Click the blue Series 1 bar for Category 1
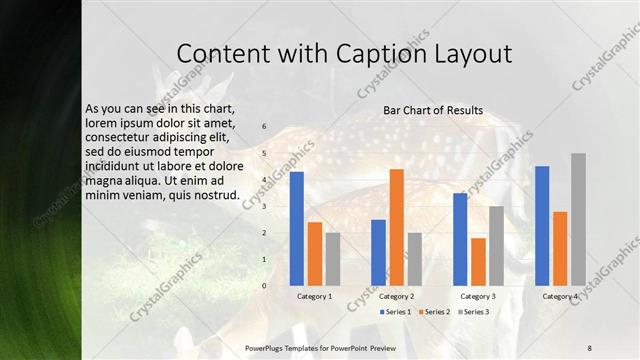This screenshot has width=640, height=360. click(296, 229)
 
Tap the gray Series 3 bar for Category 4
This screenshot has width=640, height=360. click(578, 220)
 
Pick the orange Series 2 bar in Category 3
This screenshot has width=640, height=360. click(478, 262)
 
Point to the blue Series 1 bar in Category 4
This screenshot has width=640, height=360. click(542, 226)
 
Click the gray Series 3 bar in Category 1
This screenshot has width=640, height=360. click(333, 259)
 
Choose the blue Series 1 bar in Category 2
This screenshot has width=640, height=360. click(378, 253)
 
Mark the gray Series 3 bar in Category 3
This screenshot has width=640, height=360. click(496, 246)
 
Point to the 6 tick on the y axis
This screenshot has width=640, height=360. click(264, 127)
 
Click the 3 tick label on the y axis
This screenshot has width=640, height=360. click(264, 207)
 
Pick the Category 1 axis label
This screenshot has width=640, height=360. click(315, 297)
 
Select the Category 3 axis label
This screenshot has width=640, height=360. click(478, 297)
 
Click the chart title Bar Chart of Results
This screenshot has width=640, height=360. click(433, 110)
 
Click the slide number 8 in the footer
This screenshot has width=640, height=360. click(589, 347)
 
